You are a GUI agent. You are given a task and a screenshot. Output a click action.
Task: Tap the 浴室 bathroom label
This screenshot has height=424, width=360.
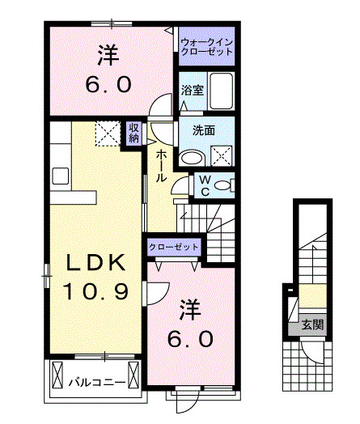pyautogui.click(x=193, y=91)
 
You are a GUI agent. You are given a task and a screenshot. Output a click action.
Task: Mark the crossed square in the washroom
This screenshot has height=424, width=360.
pyautogui.click(x=220, y=155)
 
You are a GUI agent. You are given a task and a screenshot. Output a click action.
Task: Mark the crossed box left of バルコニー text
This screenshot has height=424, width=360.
pyautogui.click(x=57, y=375)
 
